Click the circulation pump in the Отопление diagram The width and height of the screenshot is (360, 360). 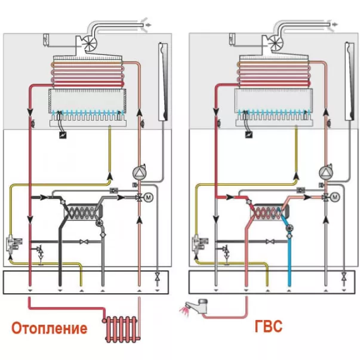[139, 173]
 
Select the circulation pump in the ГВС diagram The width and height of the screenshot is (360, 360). [326, 173]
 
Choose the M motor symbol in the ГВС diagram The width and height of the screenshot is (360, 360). [336, 197]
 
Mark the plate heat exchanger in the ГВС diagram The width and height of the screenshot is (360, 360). [269, 213]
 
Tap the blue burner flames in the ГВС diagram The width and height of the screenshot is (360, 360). [275, 113]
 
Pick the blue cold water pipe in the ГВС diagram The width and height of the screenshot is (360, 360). [290, 257]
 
